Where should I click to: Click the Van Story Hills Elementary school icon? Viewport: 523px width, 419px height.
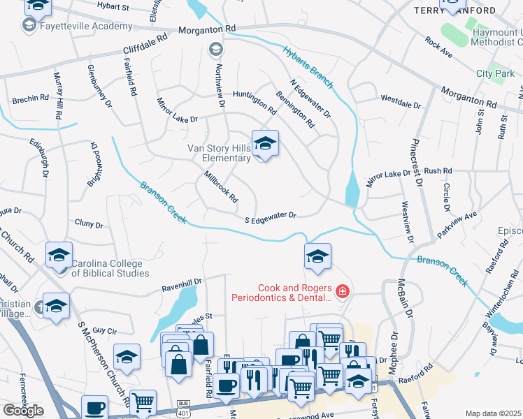[x=265, y=144]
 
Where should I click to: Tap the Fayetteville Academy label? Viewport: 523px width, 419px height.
[x=87, y=26]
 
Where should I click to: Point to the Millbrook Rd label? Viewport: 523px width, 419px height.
[x=222, y=188]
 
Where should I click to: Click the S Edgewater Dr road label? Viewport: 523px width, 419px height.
[x=271, y=217]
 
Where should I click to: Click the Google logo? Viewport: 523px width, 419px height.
[x=23, y=411]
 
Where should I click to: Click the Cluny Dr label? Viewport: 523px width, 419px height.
[x=89, y=225]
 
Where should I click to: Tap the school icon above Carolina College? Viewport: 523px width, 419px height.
[x=59, y=254]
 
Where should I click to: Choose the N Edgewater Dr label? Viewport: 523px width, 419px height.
[x=315, y=101]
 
